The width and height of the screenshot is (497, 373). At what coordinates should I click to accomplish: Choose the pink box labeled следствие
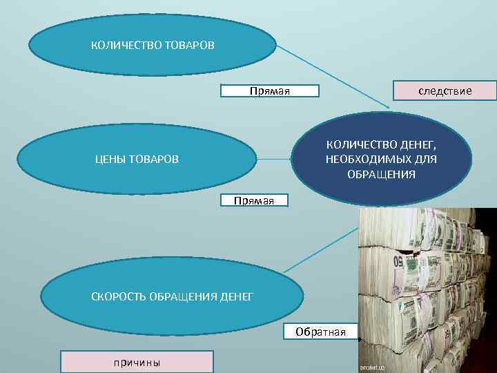pyautogui.click(x=445, y=90)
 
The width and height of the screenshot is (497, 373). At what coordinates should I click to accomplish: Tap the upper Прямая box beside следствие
pyautogui.click(x=269, y=91)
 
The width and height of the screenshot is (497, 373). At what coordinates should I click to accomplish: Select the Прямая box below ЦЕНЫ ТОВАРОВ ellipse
pyautogui.click(x=254, y=201)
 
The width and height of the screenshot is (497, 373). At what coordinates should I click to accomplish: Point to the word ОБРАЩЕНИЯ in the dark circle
pyautogui.click(x=381, y=174)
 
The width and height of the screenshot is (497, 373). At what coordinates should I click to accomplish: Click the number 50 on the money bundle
pyautogui.click(x=398, y=262)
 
